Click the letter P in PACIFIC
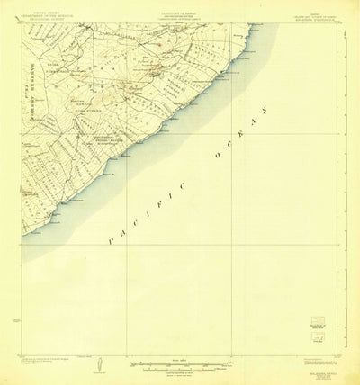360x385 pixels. click(109, 242)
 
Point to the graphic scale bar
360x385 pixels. click(180, 364)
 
